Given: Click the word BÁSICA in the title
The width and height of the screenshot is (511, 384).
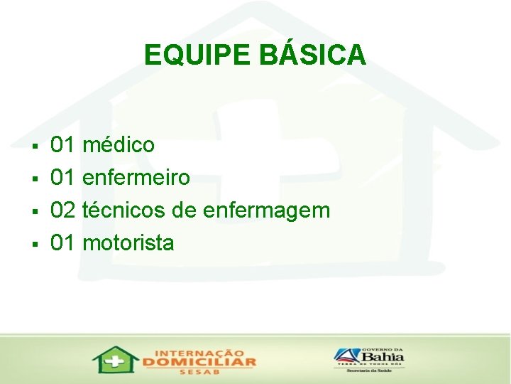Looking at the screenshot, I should [x=313, y=55].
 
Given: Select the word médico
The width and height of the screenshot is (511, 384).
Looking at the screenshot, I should [x=119, y=145].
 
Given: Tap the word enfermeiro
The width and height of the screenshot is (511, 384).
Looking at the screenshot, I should [x=136, y=177].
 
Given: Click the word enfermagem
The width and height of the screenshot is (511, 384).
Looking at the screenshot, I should [x=266, y=210].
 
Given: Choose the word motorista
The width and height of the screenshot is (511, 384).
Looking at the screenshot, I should [x=128, y=242].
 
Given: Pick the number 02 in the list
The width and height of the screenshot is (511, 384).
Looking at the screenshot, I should [x=63, y=210].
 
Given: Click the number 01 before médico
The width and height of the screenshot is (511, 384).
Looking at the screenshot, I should [x=63, y=145].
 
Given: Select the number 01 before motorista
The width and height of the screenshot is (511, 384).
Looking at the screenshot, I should [x=63, y=242].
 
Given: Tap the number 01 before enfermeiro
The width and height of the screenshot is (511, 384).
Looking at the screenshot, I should [x=63, y=177].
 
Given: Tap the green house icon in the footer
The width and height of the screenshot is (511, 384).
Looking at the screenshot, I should [x=115, y=360].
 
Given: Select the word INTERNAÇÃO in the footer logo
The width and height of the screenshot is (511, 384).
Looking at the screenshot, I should [x=199, y=351].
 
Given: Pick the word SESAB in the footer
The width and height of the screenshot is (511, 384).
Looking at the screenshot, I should [x=199, y=372].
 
